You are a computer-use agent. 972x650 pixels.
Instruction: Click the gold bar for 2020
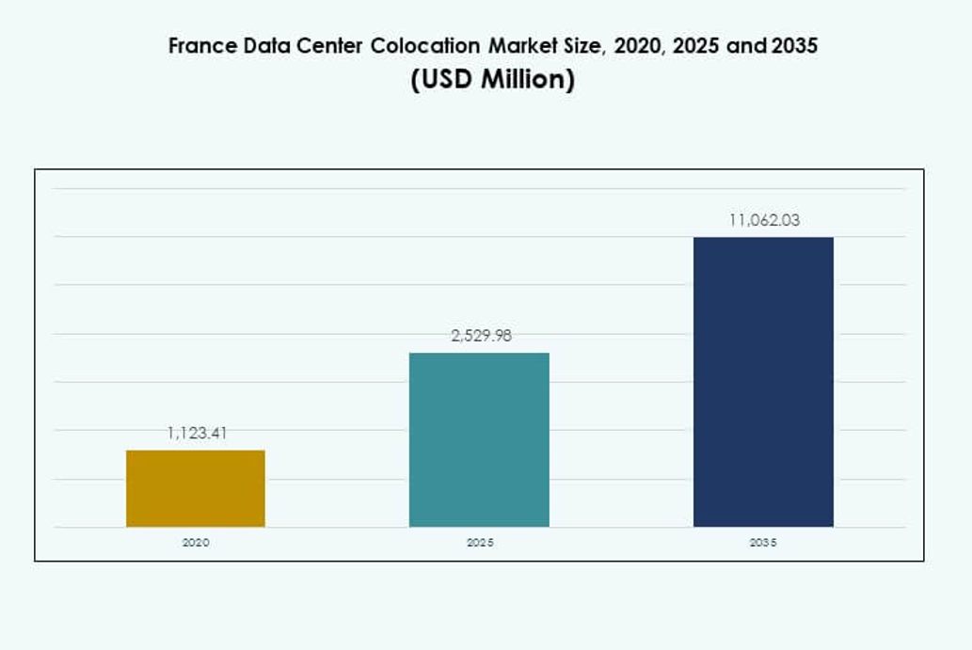coord(196,488)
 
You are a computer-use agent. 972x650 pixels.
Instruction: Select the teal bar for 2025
coord(479,439)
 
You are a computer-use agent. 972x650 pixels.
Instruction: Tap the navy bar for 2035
coord(763,381)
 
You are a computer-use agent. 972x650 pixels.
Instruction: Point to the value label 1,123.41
coord(197,434)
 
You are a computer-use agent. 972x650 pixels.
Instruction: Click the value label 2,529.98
coord(481,336)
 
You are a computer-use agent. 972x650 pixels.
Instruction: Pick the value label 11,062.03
coord(764,221)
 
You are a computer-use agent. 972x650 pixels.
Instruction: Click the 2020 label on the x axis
coord(196,543)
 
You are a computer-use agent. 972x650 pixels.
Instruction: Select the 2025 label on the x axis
coord(480,543)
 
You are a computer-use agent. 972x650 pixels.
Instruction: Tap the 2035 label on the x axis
coord(763,543)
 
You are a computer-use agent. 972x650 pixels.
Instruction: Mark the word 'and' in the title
coord(747,46)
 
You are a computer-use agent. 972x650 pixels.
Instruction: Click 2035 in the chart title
coord(795,46)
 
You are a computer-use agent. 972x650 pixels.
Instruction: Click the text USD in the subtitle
coord(443,80)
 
